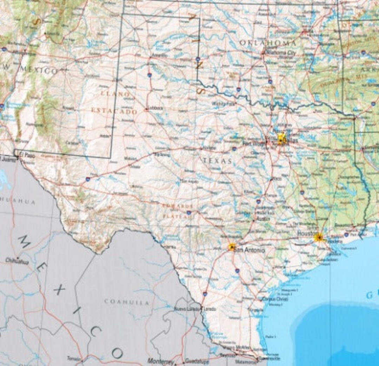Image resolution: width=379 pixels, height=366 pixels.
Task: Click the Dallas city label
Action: point(287,140)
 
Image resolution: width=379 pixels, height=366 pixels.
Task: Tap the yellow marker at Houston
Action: point(319,238)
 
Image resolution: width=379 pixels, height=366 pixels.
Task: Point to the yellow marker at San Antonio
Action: point(232,247)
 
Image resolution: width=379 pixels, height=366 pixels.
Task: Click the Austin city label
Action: point(263,218)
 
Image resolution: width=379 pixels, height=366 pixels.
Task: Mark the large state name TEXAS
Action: point(218,161)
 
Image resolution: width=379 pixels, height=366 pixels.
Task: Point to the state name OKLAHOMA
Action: point(267,43)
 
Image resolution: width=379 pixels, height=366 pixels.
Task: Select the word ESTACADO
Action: point(114,111)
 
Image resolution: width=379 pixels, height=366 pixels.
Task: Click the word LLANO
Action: point(115,94)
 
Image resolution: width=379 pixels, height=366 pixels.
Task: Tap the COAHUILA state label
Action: point(127,302)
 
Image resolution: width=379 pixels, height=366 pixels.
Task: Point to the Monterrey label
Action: point(160,361)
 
